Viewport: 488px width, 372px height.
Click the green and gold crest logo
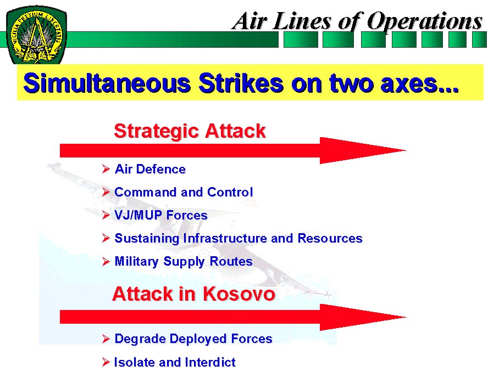tap(36, 35)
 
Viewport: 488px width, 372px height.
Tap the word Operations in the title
tap(425, 22)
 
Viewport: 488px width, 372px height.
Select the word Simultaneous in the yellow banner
tap(107, 83)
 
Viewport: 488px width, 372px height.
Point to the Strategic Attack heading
tap(190, 131)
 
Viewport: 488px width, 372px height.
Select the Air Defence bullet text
tap(150, 169)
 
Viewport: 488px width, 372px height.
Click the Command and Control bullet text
tap(184, 192)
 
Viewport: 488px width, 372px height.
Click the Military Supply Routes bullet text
tap(184, 262)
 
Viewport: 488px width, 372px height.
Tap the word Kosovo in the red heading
tap(239, 294)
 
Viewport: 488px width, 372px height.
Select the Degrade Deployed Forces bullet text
tap(193, 339)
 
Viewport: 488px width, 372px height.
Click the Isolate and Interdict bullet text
tap(175, 362)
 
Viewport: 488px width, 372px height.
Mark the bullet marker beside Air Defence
tap(106, 169)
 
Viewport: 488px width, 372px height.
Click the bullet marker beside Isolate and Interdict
tap(106, 362)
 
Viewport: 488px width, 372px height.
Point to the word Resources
tap(330, 238)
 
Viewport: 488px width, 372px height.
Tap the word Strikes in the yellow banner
tap(241, 83)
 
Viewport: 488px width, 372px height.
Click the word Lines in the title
tap(301, 22)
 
